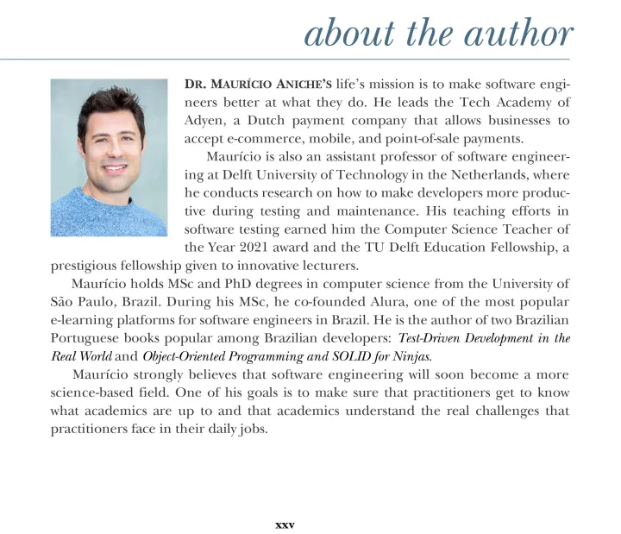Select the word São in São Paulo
(x=63, y=302)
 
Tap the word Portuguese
(x=88, y=338)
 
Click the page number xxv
(x=285, y=523)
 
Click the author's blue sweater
(x=108, y=216)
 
